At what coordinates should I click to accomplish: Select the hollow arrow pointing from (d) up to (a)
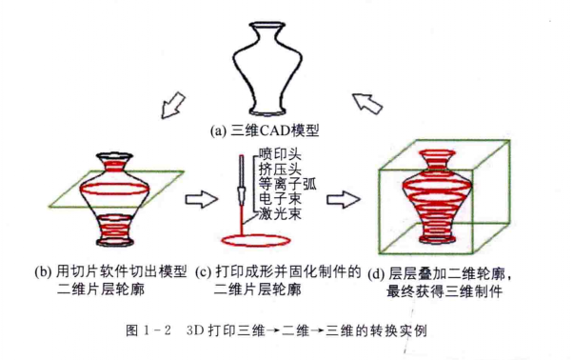(365, 100)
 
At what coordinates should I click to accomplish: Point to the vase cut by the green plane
(122, 200)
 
